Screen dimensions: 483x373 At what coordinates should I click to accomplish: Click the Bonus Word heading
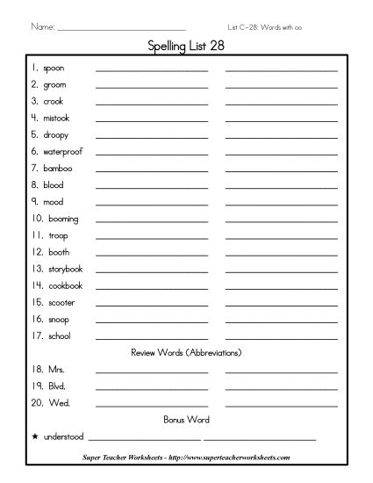coord(185,420)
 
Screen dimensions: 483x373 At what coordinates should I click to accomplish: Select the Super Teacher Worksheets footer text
coord(186,458)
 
